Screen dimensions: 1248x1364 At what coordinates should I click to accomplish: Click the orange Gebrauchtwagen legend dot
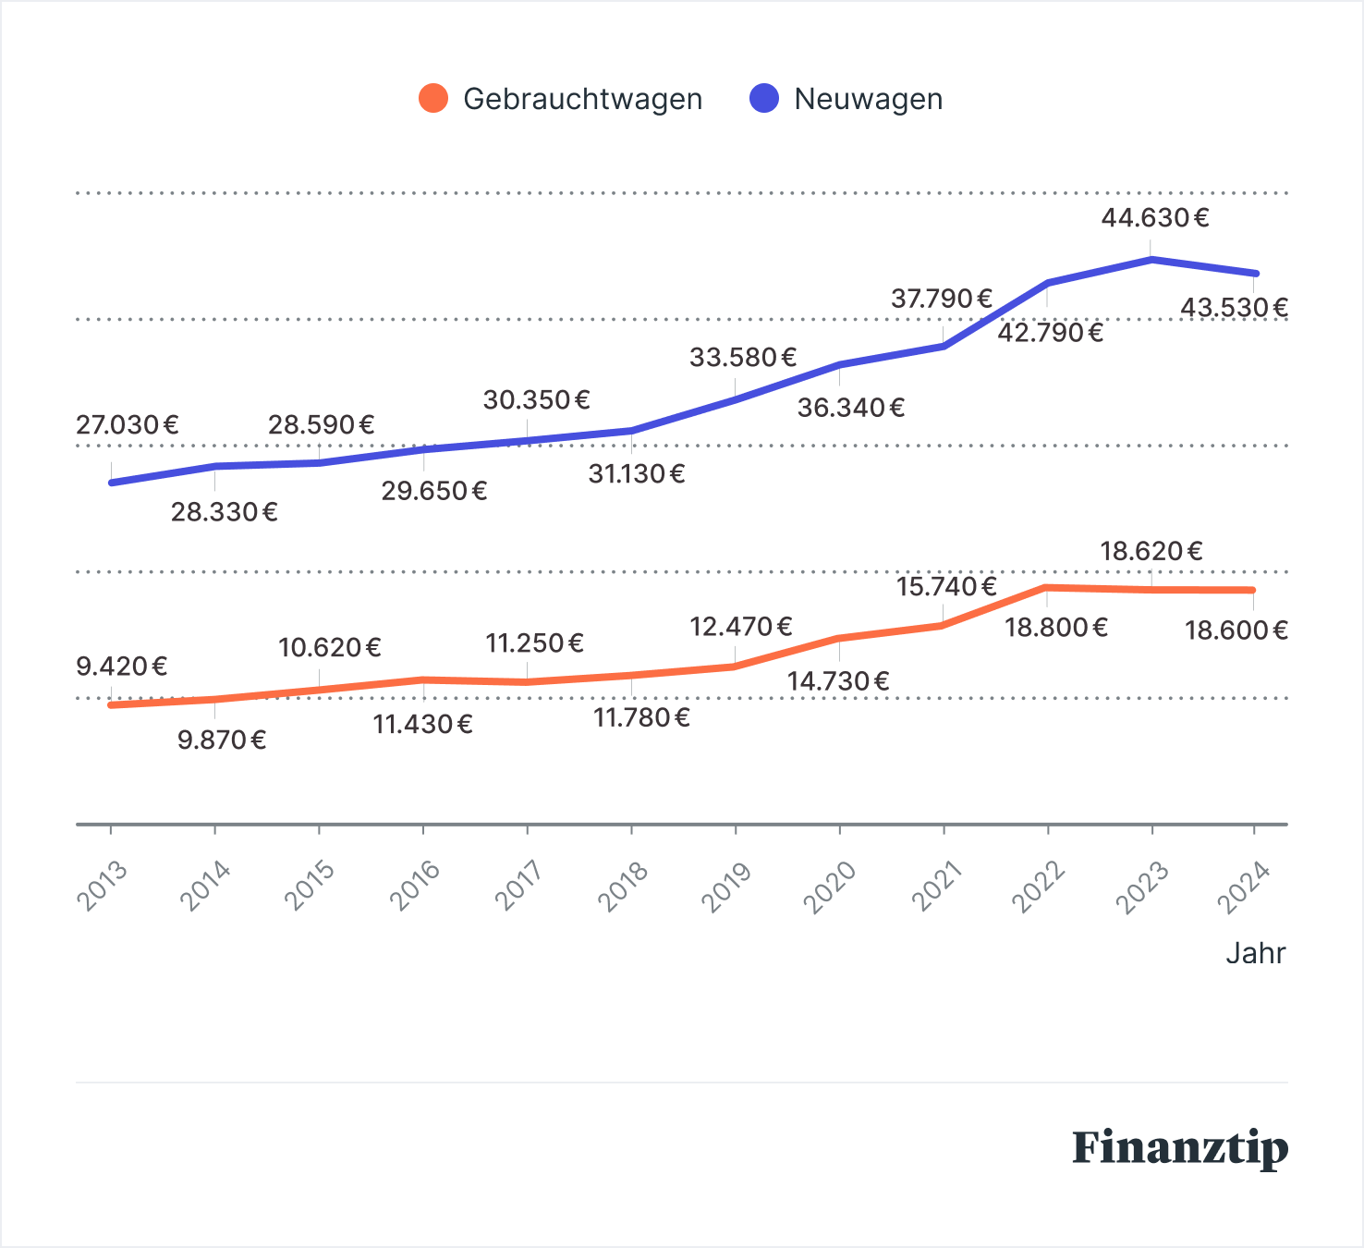click(x=433, y=98)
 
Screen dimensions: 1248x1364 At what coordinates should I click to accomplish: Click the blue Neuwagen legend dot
click(x=764, y=98)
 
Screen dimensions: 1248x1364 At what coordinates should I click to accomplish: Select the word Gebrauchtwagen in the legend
click(x=582, y=99)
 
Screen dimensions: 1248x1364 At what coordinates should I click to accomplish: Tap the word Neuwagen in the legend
click(x=868, y=99)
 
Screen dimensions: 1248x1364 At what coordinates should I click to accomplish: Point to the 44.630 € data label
click(x=1155, y=218)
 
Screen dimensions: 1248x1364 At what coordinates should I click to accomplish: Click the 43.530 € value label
click(x=1234, y=308)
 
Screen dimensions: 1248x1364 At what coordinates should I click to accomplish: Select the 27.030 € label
click(x=128, y=425)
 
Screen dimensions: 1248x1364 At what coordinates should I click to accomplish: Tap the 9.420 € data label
click(x=122, y=667)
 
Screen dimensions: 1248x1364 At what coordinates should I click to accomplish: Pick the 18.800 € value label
click(x=1056, y=629)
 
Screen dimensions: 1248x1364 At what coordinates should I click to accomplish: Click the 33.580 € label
click(x=743, y=358)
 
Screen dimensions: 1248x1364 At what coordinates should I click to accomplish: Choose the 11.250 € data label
click(x=535, y=643)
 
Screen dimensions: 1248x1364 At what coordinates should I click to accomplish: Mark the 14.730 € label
click(x=838, y=682)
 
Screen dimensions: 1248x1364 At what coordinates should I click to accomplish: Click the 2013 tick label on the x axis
click(x=103, y=885)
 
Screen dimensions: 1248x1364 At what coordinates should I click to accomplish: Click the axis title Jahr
click(x=1255, y=953)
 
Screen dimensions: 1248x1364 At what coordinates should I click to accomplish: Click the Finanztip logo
click(x=1180, y=1147)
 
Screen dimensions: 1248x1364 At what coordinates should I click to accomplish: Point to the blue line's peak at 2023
click(x=1151, y=260)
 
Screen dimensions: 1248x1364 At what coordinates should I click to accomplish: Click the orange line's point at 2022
click(x=1047, y=588)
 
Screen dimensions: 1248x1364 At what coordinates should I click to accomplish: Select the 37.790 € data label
click(x=942, y=300)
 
